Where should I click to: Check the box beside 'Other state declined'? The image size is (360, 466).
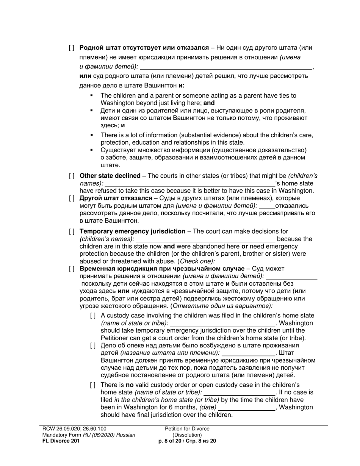click(x=72, y=176)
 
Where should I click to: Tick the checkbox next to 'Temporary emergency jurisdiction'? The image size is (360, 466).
click(x=72, y=231)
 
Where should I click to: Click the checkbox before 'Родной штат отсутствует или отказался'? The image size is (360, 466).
click(x=72, y=48)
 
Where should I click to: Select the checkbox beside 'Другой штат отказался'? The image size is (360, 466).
click(x=72, y=198)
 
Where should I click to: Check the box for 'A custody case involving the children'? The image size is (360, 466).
click(x=93, y=316)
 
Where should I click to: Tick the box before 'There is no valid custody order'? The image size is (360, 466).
click(x=93, y=385)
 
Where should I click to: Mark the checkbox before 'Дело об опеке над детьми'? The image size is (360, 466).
click(x=93, y=346)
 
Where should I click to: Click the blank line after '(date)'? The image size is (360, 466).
click(x=247, y=408)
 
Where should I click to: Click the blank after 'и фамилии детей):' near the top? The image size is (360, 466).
click(x=226, y=67)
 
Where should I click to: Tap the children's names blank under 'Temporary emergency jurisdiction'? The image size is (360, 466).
click(x=205, y=239)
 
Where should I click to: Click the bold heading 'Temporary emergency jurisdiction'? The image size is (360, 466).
click(x=132, y=231)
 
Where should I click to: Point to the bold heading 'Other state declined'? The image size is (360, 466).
click(x=110, y=176)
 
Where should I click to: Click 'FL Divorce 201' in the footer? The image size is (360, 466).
click(x=61, y=441)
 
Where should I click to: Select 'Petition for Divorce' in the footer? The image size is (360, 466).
click(x=187, y=429)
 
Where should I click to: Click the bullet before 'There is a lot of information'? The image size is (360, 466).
click(x=92, y=135)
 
